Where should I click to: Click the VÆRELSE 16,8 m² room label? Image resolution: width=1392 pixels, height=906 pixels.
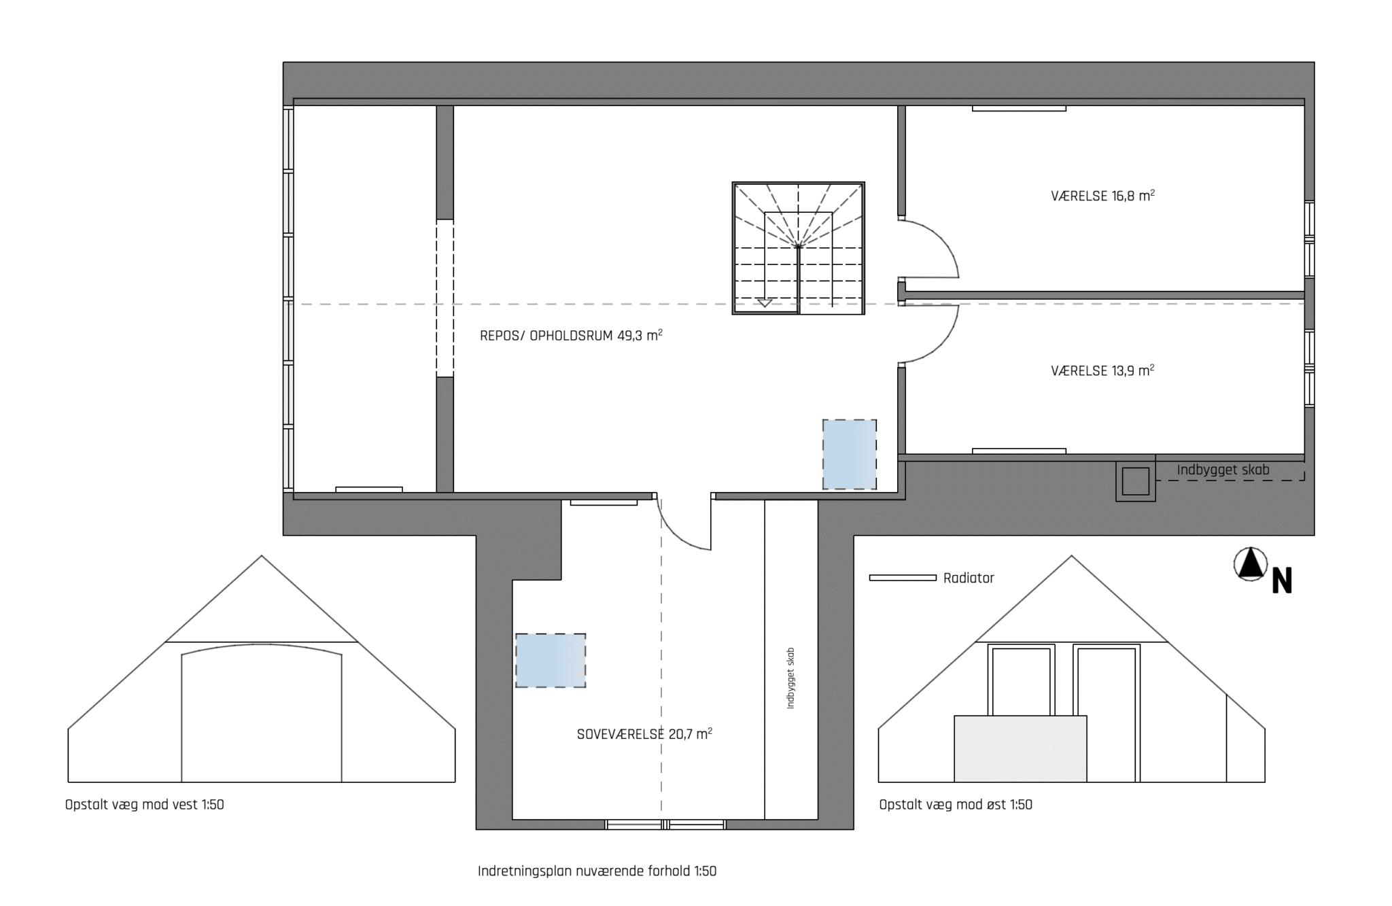[x=1102, y=196]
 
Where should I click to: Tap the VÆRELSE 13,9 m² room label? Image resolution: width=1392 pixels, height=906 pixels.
[x=1102, y=371]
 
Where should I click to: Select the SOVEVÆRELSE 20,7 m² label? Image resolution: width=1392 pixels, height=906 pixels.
[x=644, y=734]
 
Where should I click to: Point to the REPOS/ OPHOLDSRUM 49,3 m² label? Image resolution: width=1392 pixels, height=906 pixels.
[x=571, y=336]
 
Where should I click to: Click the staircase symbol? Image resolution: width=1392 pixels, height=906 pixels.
[x=799, y=248]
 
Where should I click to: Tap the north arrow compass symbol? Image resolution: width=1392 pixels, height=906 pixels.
[x=1250, y=565]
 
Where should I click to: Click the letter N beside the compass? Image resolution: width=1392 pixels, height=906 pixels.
[x=1282, y=581]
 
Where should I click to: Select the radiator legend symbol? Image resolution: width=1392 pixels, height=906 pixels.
[x=903, y=578]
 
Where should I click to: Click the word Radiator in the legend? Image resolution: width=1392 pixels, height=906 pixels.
[x=969, y=578]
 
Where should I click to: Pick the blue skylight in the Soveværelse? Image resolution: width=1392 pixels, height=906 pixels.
[x=551, y=661]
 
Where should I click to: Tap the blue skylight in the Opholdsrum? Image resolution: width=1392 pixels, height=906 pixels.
[x=850, y=454]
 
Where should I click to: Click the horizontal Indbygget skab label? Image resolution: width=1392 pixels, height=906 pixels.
[x=1223, y=470]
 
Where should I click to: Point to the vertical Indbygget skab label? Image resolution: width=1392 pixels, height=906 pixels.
[x=790, y=678]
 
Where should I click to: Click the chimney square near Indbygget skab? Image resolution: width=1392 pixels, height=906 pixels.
[x=1135, y=482]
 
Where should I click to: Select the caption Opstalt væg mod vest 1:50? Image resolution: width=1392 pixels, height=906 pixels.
[x=145, y=805]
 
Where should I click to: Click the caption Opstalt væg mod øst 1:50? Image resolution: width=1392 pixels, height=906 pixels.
[x=956, y=805]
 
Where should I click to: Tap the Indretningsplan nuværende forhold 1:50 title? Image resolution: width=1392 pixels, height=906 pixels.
[x=597, y=871]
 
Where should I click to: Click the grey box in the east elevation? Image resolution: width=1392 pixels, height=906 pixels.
[x=1020, y=749]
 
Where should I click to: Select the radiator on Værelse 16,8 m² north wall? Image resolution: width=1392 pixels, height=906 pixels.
[x=1019, y=108]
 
